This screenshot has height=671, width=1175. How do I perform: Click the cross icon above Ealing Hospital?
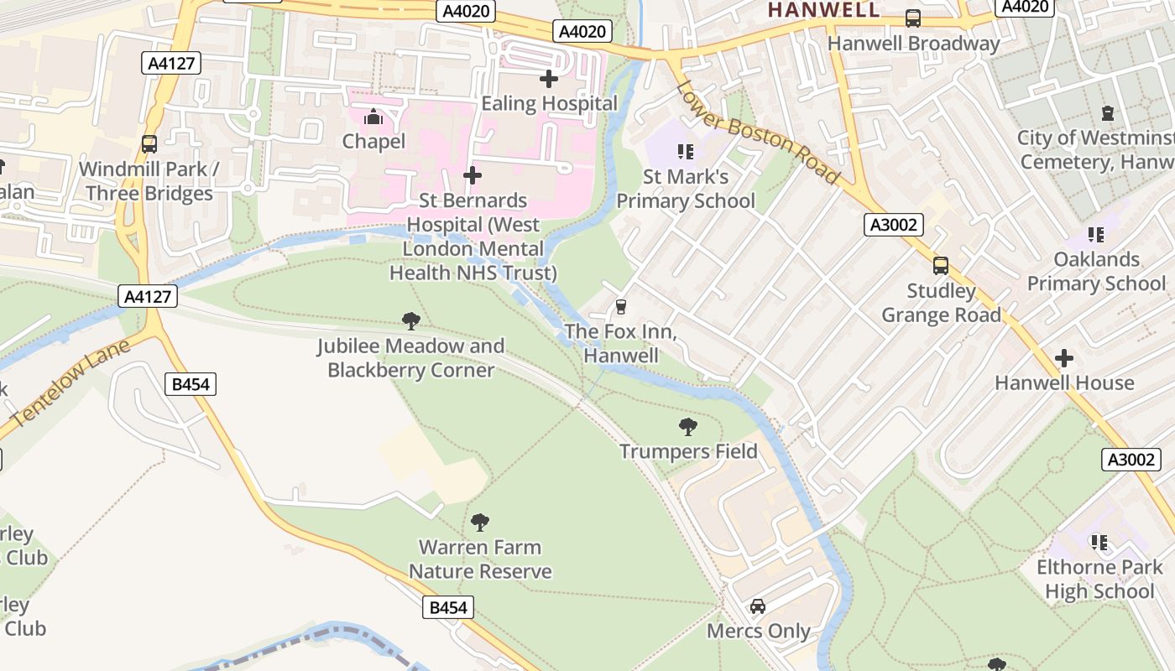coord(549,80)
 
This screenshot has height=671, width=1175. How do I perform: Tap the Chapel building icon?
coord(373,117)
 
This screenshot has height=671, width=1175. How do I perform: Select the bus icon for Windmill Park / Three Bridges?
coord(149,144)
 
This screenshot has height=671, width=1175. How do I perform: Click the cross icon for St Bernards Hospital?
coord(473,175)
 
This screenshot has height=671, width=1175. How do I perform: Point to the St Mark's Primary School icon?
coord(686,152)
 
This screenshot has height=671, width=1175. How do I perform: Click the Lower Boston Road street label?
coord(758,132)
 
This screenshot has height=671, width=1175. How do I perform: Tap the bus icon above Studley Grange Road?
coord(941,266)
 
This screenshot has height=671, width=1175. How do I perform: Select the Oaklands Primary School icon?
coord(1096,235)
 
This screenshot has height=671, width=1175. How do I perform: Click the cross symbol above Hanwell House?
coord(1064,358)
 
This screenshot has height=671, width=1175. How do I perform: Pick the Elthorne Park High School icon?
coord(1099,543)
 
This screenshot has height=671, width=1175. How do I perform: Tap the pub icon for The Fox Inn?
coord(621,307)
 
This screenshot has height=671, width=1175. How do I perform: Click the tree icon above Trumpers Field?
coord(688,427)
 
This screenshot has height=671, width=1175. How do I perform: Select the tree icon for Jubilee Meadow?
coord(411,320)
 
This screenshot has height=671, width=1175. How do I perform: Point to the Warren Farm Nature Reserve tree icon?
coord(480,523)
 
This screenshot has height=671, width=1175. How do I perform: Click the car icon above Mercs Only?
coord(758,606)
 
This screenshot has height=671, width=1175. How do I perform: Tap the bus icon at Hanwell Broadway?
coord(912,18)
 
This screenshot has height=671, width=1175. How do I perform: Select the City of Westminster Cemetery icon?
coord(1108,113)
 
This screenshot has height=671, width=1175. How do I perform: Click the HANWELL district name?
coord(823,10)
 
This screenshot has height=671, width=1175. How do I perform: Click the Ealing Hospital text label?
coord(549,103)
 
